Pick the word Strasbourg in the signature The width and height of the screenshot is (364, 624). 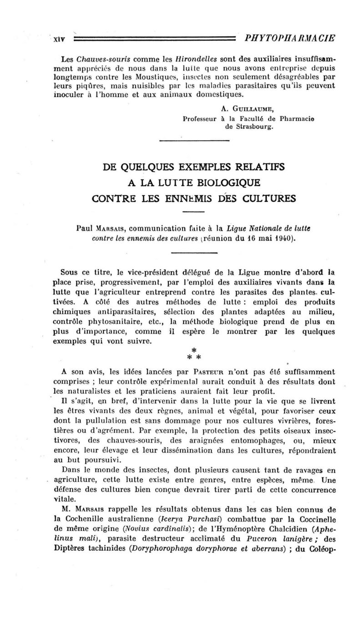point(249,127)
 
